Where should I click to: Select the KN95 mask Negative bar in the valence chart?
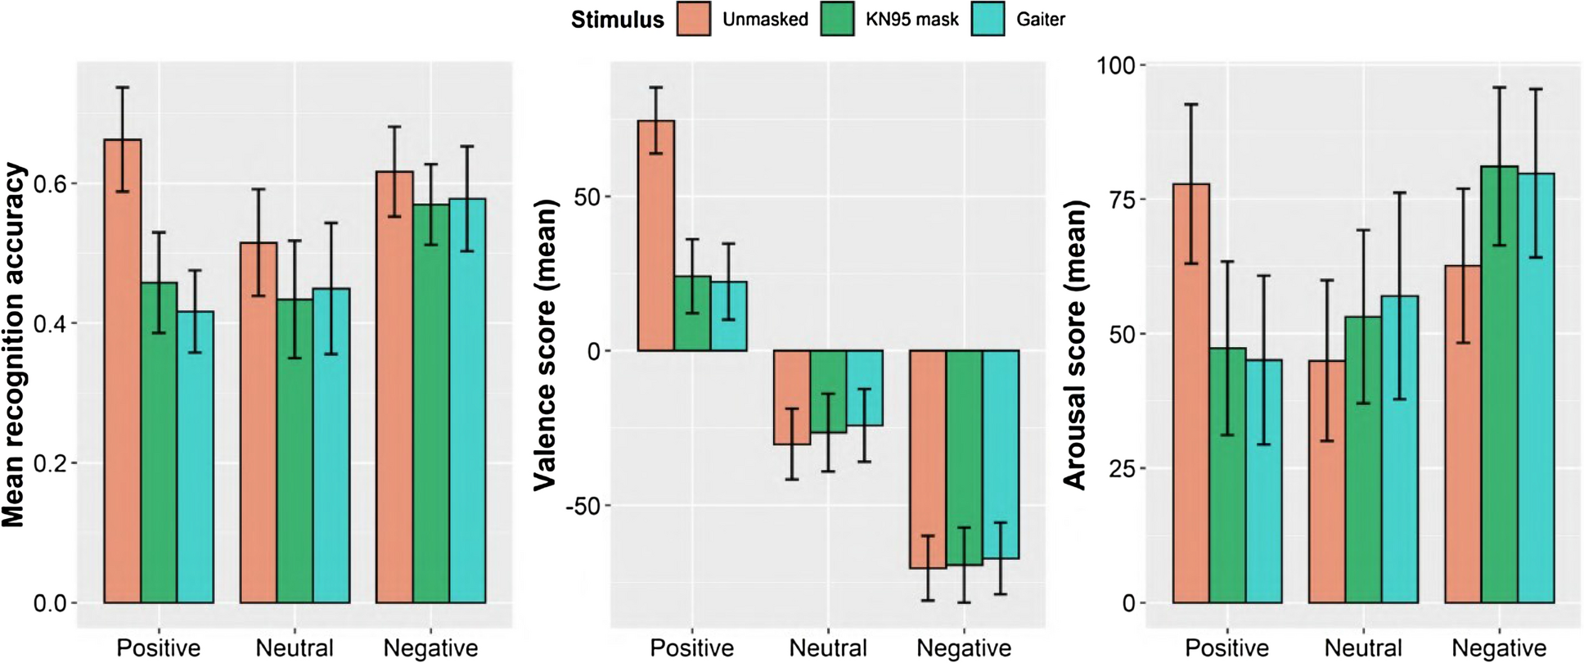point(965,458)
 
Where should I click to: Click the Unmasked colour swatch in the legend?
point(694,19)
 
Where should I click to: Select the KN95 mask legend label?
point(911,19)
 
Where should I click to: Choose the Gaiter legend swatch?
point(988,19)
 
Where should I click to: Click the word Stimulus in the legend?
point(617,19)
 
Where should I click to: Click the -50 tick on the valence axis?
point(583,506)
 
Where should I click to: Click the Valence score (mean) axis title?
point(546,345)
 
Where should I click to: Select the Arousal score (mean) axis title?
point(1075,345)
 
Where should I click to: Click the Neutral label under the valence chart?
point(828,648)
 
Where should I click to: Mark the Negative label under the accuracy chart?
point(430,648)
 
